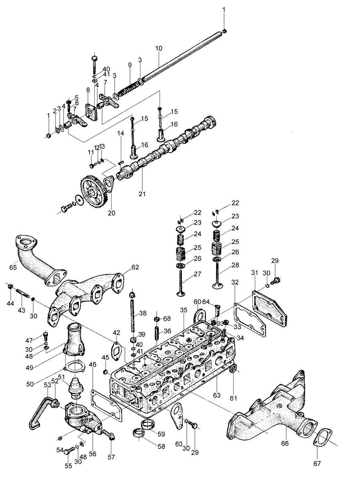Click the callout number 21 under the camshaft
point(142,193)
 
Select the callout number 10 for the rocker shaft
point(159,48)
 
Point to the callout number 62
point(135,267)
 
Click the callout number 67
point(317,464)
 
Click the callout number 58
point(161,447)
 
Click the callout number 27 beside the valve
point(197,274)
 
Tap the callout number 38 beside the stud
point(143,313)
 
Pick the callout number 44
point(11,303)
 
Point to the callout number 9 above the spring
point(130,65)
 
